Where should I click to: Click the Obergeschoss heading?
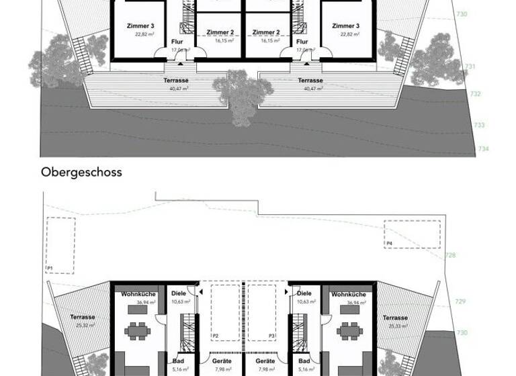(81, 172)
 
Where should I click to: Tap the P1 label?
(49, 268)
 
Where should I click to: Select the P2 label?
(216, 334)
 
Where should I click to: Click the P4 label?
(390, 242)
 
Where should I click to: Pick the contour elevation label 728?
(451, 256)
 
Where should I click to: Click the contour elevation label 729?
(460, 301)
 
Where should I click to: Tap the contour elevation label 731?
(470, 66)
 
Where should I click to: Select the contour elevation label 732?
(476, 94)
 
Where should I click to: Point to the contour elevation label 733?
(479, 125)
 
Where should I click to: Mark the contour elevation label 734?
(483, 148)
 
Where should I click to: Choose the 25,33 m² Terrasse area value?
(396, 326)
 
